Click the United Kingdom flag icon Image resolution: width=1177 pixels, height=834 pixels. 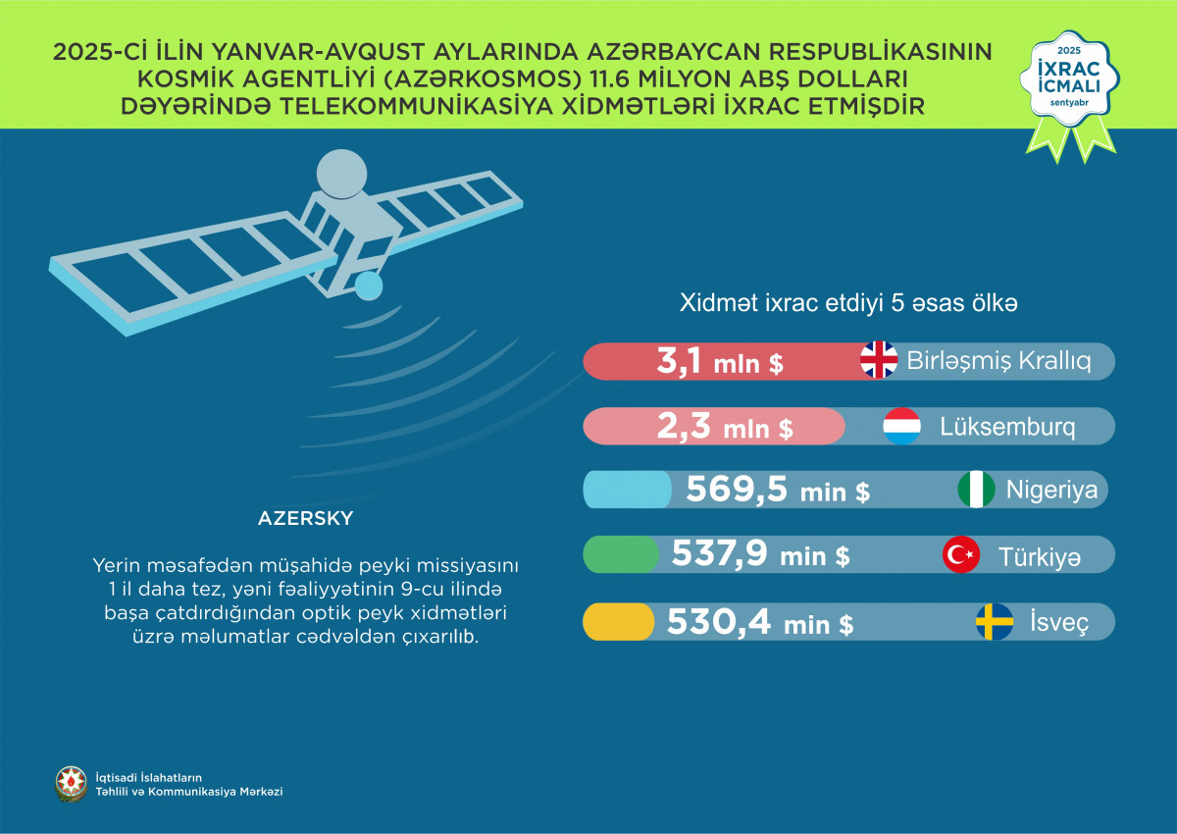(x=879, y=360)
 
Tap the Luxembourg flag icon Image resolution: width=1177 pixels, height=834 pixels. (x=901, y=427)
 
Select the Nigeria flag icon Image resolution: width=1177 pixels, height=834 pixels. (x=976, y=490)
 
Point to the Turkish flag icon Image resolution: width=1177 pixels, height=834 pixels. (x=961, y=555)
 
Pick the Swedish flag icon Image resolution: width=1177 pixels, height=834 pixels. (x=994, y=622)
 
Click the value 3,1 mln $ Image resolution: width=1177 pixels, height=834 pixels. (x=719, y=362)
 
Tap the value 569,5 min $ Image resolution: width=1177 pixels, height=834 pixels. (x=777, y=491)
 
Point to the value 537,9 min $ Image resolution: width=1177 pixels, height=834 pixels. (x=760, y=556)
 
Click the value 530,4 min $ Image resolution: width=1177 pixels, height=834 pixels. (x=759, y=622)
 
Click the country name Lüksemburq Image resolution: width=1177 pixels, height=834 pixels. (x=1007, y=428)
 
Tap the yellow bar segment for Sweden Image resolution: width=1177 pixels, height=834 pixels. (x=619, y=622)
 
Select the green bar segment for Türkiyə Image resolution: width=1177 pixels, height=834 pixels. (x=621, y=555)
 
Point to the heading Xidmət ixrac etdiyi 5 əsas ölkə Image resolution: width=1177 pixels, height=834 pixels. (x=848, y=304)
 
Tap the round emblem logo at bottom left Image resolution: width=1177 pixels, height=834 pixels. (x=70, y=783)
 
